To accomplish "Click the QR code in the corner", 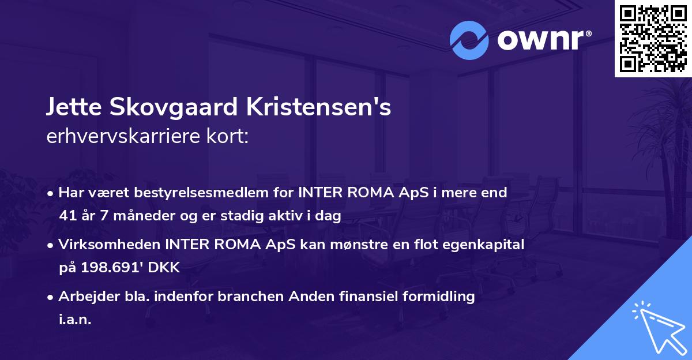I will pyautogui.click(x=652, y=39).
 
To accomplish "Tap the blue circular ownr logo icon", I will pyautogui.click(x=469, y=40).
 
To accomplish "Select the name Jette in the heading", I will pyautogui.click(x=70, y=108).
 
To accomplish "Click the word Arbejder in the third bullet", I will pyautogui.click(x=84, y=297).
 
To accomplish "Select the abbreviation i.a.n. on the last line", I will pyautogui.click(x=75, y=320).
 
